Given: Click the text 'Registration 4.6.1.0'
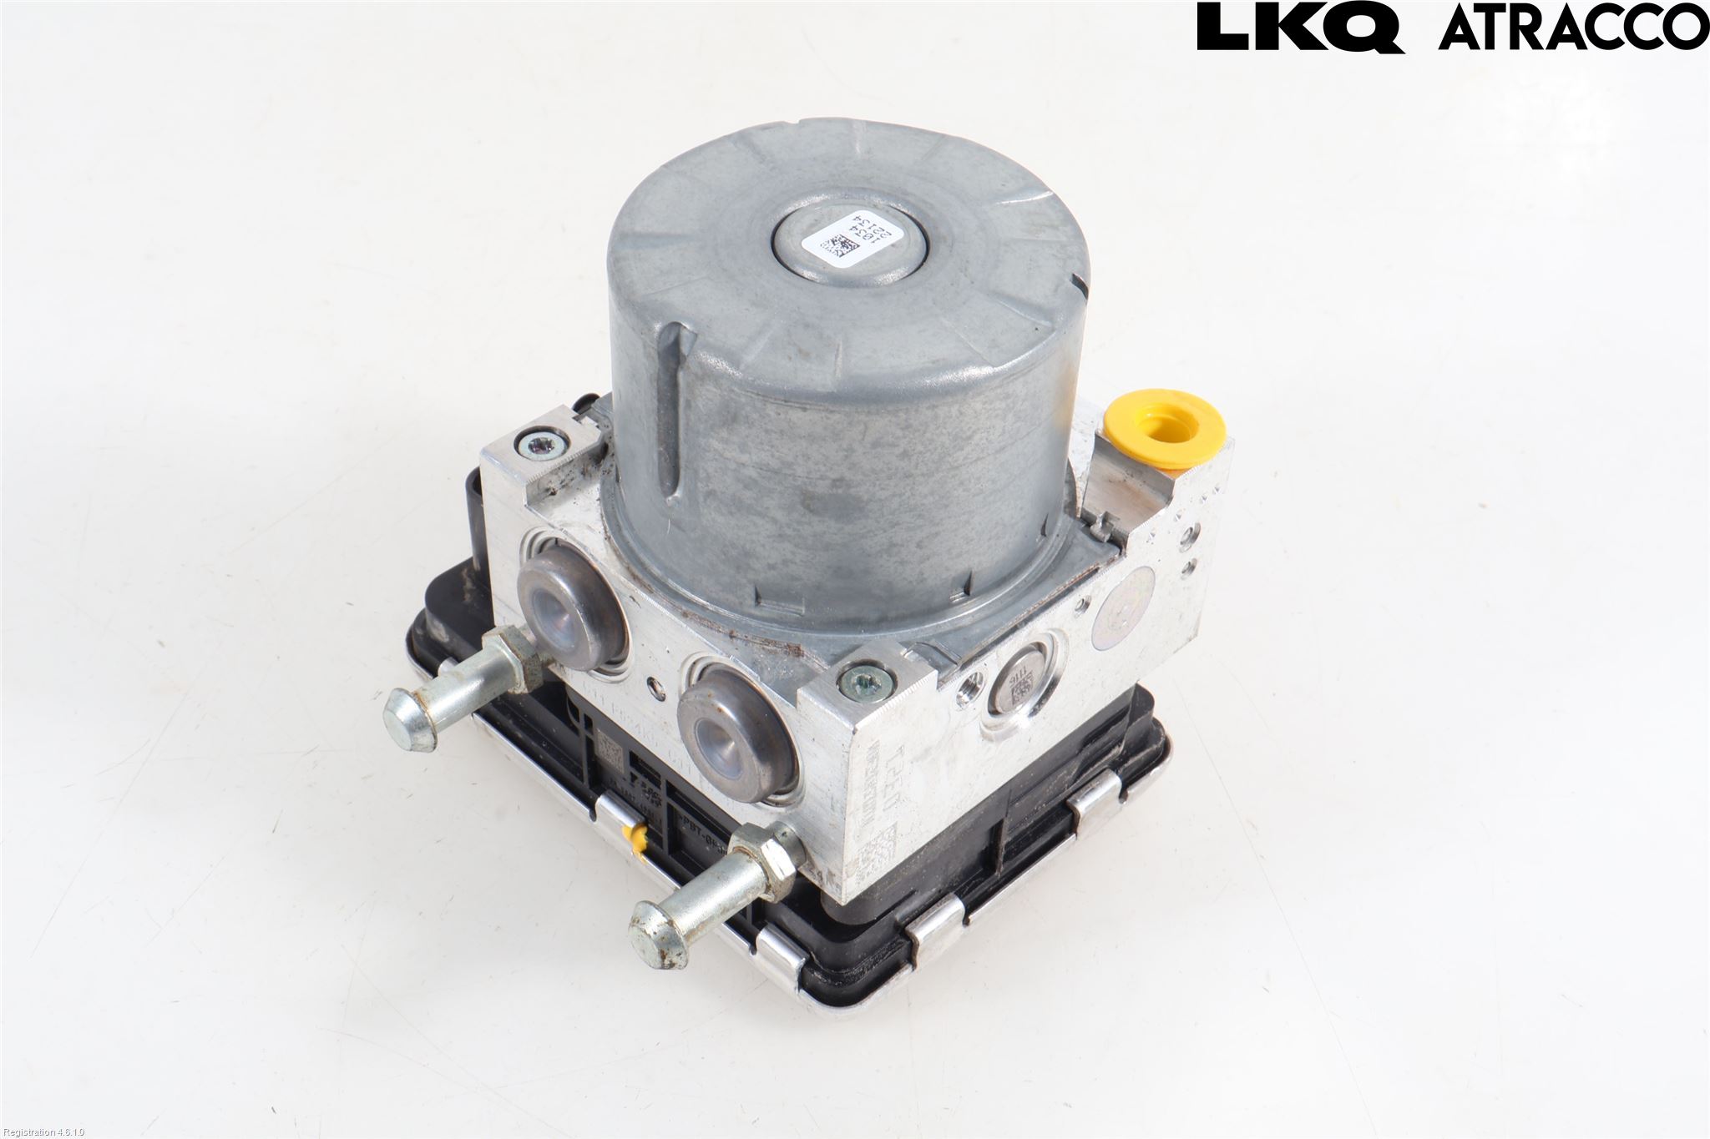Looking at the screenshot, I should [43, 1132].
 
